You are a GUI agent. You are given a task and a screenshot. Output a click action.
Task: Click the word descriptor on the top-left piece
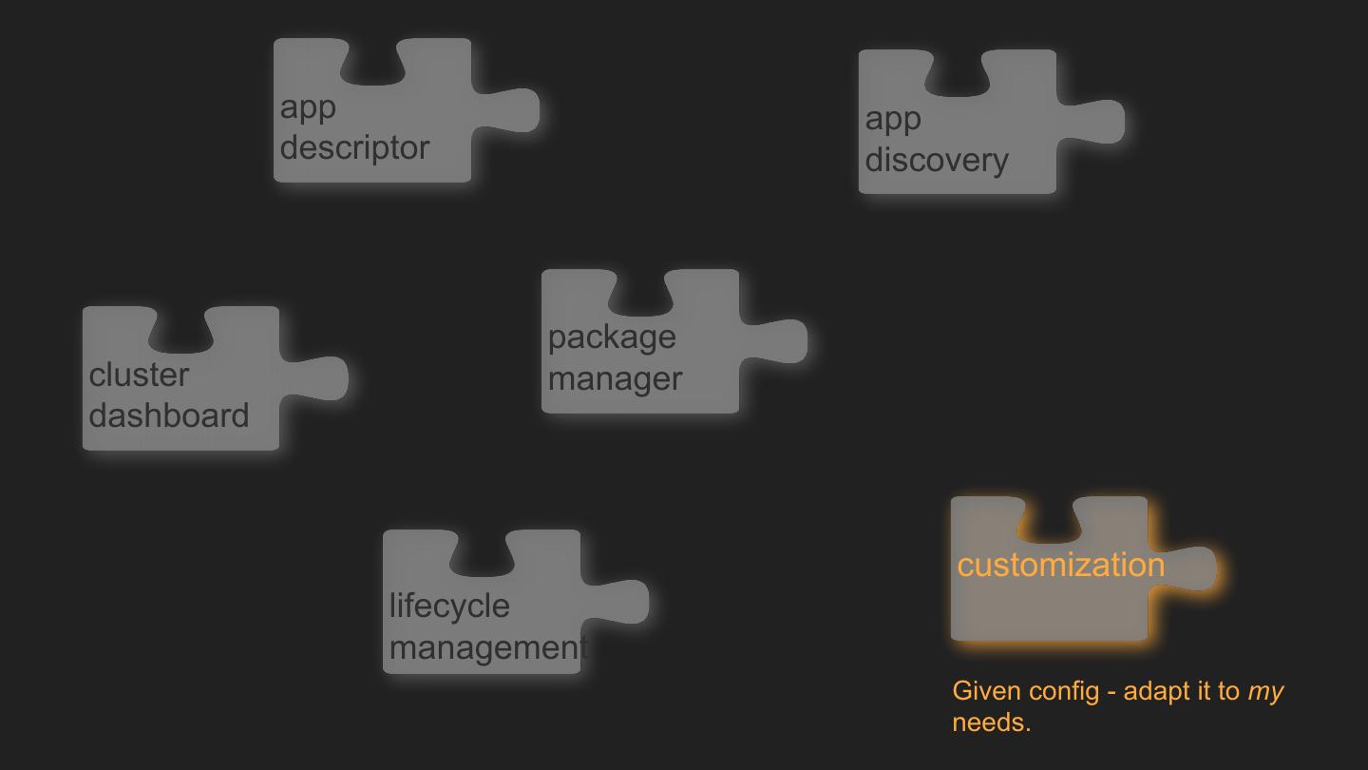[x=354, y=147]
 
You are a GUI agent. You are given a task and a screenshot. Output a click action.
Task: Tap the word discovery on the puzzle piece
[x=936, y=160]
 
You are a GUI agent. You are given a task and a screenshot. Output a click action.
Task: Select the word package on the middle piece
[x=612, y=337]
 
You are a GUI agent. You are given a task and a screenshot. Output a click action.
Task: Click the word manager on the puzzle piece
[x=615, y=378]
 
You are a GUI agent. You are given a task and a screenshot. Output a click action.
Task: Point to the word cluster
[x=139, y=375]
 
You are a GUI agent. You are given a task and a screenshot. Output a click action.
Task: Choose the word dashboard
[x=169, y=415]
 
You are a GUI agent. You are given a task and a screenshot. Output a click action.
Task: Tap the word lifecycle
[x=449, y=606]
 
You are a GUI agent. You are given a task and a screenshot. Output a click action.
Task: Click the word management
[x=487, y=647]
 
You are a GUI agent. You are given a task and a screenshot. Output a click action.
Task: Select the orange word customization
[x=1060, y=565]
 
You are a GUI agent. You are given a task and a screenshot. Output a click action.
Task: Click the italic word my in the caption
[x=1265, y=691]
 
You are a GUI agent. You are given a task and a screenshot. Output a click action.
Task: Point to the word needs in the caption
[x=991, y=722]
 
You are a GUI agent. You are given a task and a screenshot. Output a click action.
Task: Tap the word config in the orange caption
[x=1064, y=691]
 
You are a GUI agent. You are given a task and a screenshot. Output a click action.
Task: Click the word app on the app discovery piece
[x=893, y=120]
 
